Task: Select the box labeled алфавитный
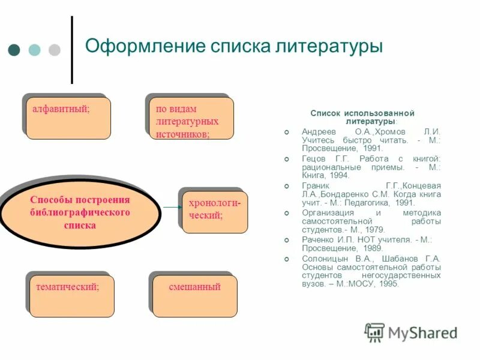[x=68, y=118]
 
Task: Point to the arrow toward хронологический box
[x=171, y=207]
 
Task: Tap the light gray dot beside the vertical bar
[x=54, y=50]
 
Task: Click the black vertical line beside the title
[x=71, y=50]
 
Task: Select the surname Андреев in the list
[x=317, y=131]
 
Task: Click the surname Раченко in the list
[x=317, y=239]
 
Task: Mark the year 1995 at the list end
[x=388, y=284]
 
